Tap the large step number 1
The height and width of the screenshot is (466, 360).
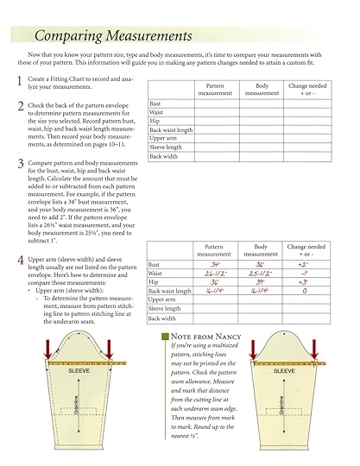point(20,81)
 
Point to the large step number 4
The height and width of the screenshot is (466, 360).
point(20,260)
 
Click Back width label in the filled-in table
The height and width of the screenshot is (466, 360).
point(162,318)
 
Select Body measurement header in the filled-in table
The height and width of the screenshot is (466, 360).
point(260,249)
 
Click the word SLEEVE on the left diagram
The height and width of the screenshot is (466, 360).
point(79,371)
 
